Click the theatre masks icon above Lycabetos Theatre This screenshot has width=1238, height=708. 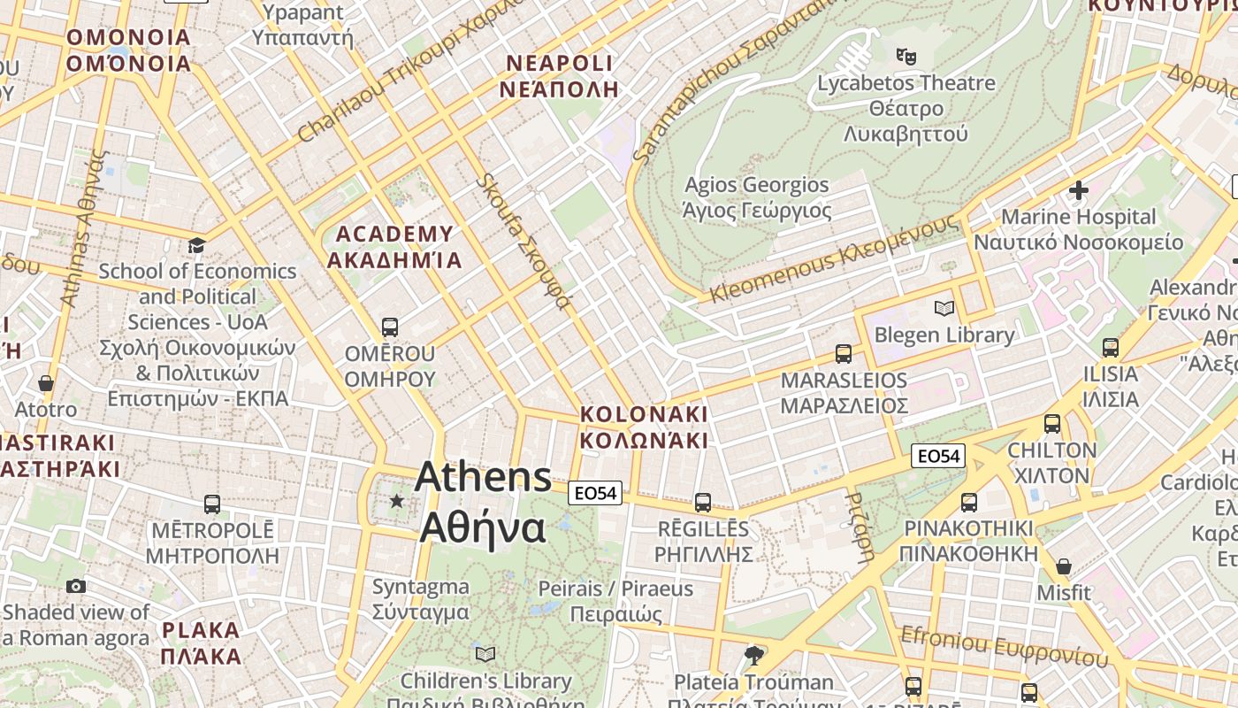pyautogui.click(x=906, y=57)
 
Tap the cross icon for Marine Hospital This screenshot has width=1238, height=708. pyautogui.click(x=1078, y=190)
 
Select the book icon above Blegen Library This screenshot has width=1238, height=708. pyautogui.click(x=944, y=309)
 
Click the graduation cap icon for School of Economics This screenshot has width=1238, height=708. pyautogui.click(x=196, y=245)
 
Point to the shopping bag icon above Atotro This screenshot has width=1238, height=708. pyautogui.click(x=45, y=384)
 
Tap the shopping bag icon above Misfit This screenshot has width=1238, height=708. pyautogui.click(x=1064, y=566)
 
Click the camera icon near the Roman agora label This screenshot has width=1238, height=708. pyautogui.click(x=76, y=586)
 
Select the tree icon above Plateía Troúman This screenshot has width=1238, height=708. pyautogui.click(x=753, y=656)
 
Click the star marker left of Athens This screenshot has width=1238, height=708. pyautogui.click(x=397, y=502)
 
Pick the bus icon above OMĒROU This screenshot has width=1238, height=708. pyautogui.click(x=389, y=327)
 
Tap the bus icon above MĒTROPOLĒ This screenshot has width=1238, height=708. pyautogui.click(x=212, y=504)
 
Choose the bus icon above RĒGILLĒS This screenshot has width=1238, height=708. pyautogui.click(x=703, y=503)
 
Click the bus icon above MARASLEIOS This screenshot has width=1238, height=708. pyautogui.click(x=844, y=354)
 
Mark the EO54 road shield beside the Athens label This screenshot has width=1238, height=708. pyautogui.click(x=595, y=493)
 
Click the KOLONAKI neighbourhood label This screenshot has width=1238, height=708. pyautogui.click(x=644, y=427)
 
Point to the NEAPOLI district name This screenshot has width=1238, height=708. pyautogui.click(x=558, y=76)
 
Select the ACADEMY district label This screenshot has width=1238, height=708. pyautogui.click(x=394, y=247)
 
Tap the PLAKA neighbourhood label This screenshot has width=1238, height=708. pyautogui.click(x=202, y=643)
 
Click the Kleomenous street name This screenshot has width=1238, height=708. pyautogui.click(x=833, y=258)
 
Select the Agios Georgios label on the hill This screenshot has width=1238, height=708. pyautogui.click(x=757, y=197)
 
